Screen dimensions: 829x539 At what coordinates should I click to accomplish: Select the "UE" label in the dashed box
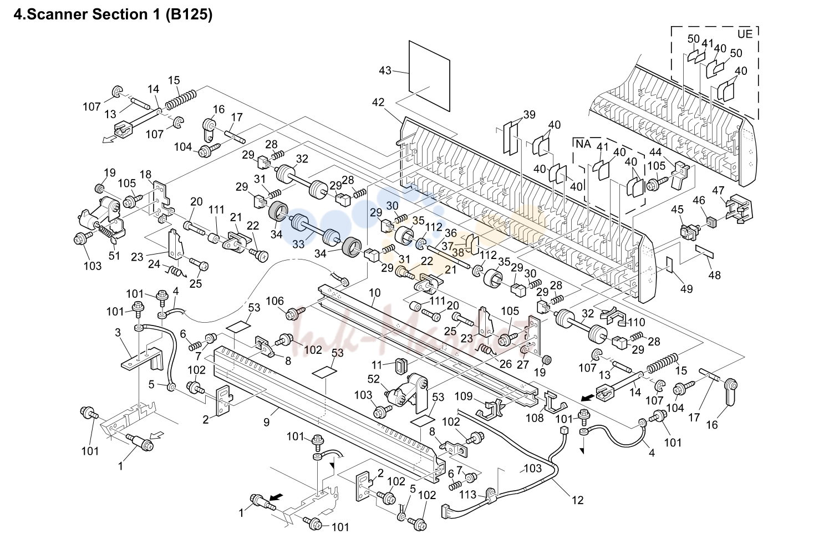coord(745,34)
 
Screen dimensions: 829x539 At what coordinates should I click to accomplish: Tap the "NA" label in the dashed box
coord(584,144)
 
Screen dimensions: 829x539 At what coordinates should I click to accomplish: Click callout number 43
coord(385,70)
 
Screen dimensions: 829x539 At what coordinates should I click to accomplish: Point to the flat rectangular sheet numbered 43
coord(429,76)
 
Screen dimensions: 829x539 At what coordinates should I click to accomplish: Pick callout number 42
coord(378,102)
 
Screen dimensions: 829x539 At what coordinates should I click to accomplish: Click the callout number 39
coord(529,115)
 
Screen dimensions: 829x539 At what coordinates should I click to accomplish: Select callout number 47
coord(718,191)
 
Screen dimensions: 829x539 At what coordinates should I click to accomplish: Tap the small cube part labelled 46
coord(711,222)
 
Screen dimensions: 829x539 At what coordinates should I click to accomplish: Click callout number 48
coord(714,275)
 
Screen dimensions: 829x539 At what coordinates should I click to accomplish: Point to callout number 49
coord(686,289)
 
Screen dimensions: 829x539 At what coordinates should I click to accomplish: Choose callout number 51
coord(114,256)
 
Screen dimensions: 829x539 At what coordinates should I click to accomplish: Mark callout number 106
coord(275,301)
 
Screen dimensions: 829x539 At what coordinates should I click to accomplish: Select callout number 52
coord(373,379)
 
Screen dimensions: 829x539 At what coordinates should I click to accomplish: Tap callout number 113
coord(468,495)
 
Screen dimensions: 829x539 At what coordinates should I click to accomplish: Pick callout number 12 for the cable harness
coord(577,500)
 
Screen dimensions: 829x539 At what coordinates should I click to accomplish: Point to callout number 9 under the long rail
coord(267,422)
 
